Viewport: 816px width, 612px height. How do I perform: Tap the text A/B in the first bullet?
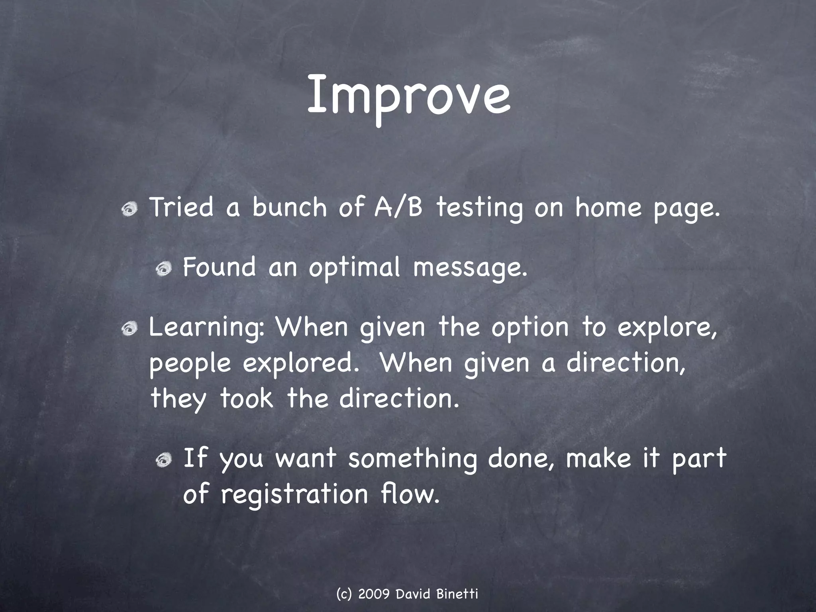(398, 208)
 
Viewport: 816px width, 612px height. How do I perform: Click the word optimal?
(354, 268)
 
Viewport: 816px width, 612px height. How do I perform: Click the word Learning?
(206, 328)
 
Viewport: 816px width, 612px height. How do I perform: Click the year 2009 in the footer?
(374, 594)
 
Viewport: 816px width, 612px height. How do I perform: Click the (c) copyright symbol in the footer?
(343, 594)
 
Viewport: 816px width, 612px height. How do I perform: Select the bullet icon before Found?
(163, 269)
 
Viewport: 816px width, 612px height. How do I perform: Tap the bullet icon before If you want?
(163, 461)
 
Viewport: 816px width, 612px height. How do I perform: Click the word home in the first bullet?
(608, 208)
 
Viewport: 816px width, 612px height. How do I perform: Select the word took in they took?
(247, 399)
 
